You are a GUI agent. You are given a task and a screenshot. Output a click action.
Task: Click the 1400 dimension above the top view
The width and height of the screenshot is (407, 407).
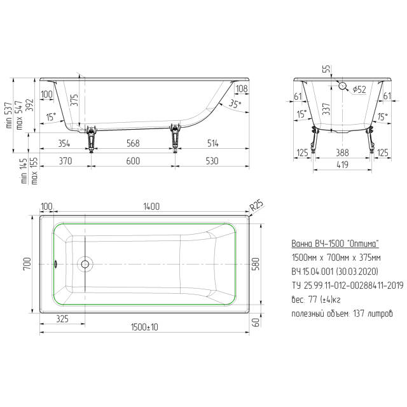(151, 206)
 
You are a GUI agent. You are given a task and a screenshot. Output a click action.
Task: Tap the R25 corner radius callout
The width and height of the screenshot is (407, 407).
(256, 205)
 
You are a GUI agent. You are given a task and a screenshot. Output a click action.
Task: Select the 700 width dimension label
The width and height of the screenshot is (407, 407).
(27, 264)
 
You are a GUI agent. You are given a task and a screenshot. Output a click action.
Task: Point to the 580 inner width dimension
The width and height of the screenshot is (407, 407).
(256, 264)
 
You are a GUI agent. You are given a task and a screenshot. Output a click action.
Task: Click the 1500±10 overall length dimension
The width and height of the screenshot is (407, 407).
(144, 328)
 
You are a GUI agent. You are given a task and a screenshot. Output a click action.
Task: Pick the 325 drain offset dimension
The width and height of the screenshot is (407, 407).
(62, 319)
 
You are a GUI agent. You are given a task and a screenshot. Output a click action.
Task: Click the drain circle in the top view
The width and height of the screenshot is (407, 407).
(85, 265)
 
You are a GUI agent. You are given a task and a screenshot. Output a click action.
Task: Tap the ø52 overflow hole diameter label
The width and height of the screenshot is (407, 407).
(359, 89)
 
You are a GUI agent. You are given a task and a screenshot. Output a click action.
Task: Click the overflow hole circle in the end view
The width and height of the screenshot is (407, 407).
(343, 86)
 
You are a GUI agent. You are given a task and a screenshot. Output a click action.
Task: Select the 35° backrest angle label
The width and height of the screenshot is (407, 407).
(235, 104)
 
